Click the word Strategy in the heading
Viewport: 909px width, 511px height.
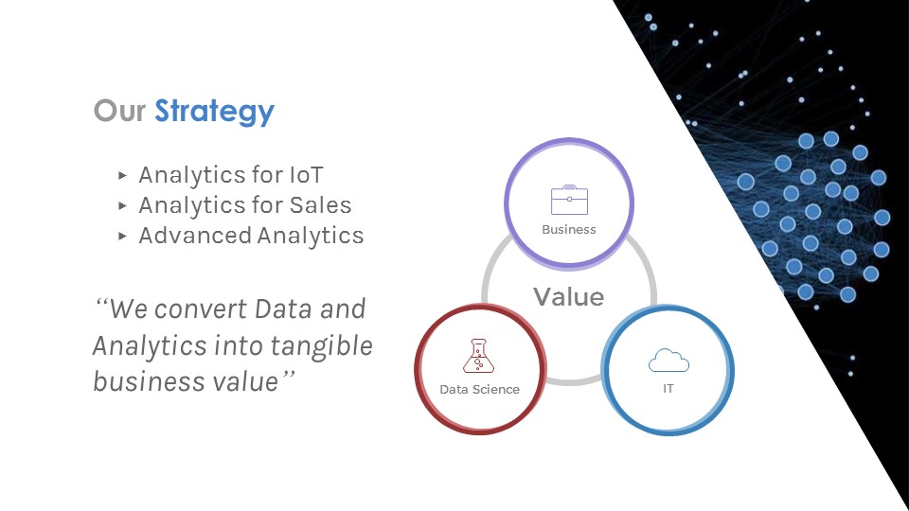point(214,112)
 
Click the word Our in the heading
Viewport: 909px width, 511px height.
point(119,112)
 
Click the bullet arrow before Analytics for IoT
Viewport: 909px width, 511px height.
point(122,175)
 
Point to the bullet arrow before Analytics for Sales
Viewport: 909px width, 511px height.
point(122,205)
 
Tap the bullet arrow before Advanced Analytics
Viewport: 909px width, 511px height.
point(122,236)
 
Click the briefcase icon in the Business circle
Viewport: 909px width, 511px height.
point(569,201)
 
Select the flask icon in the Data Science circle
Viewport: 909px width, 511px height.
point(479,356)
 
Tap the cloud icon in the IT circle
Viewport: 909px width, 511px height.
point(668,360)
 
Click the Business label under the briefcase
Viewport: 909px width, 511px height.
point(569,229)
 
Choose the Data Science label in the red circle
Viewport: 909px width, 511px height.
point(479,389)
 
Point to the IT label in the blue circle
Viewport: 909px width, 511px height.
point(668,389)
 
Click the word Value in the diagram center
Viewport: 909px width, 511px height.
point(568,297)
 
